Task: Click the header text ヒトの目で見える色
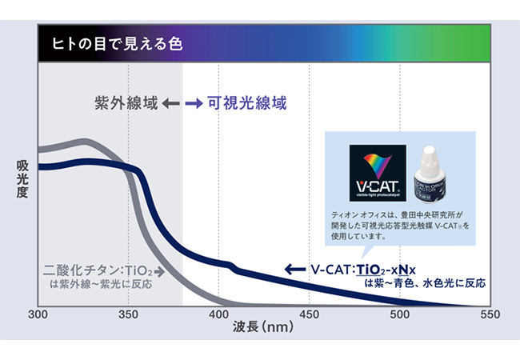point(117,42)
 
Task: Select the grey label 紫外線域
point(124,103)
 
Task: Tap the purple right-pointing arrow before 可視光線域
point(193,103)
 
